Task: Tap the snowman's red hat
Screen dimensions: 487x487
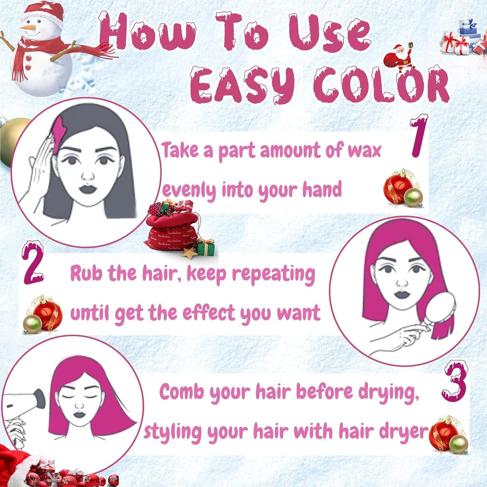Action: [x=43, y=13]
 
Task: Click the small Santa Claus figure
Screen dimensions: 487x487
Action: [x=399, y=58]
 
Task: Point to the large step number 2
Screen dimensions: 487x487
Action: [x=33, y=263]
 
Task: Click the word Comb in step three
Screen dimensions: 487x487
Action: [x=182, y=391]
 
